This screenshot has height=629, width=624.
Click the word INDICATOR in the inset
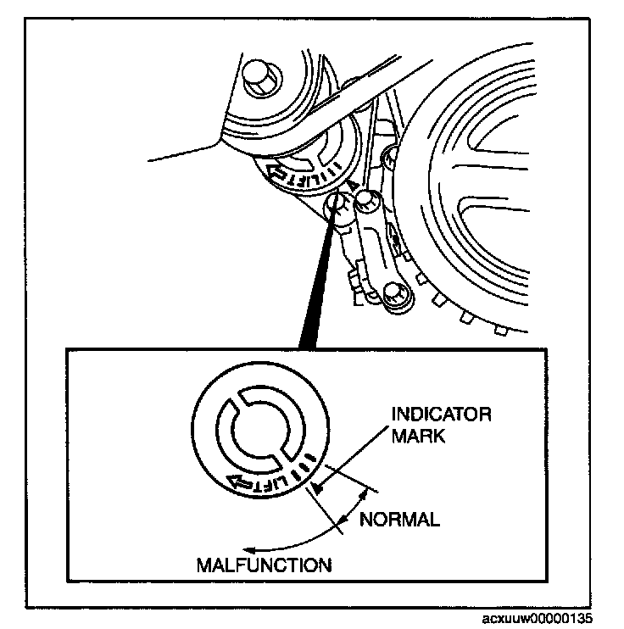(x=442, y=415)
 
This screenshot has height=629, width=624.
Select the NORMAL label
(x=399, y=520)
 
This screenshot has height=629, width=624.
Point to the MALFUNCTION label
(x=263, y=565)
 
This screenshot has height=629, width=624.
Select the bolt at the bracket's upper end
(x=366, y=202)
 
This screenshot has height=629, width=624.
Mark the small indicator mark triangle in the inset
(x=317, y=487)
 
